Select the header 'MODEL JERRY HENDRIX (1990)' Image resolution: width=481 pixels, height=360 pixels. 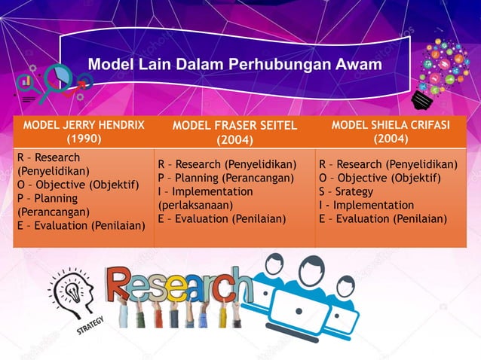point(83,131)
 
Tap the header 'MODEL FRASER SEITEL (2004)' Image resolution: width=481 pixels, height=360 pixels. point(235,133)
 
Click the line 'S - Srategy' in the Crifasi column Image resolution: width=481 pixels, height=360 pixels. point(346,191)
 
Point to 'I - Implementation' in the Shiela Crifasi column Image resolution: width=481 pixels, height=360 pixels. point(366,205)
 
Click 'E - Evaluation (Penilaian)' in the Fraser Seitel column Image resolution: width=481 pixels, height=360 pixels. point(222,219)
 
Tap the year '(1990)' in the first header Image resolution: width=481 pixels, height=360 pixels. point(82,139)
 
